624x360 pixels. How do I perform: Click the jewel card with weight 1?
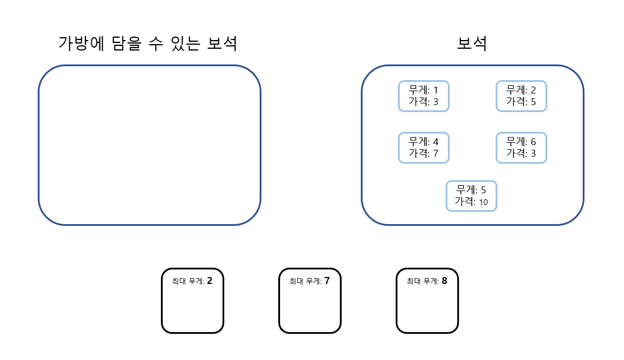pyautogui.click(x=424, y=96)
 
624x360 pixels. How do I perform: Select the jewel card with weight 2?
pyautogui.click(x=521, y=96)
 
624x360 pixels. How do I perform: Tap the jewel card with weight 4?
pyautogui.click(x=424, y=147)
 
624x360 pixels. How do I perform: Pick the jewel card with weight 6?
pyautogui.click(x=521, y=147)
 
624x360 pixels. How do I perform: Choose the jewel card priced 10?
pyautogui.click(x=471, y=196)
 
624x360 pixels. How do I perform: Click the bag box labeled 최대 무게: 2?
pyautogui.click(x=192, y=301)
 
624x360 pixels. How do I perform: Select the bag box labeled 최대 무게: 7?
pyautogui.click(x=310, y=301)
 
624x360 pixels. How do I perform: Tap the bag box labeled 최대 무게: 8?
pyautogui.click(x=427, y=301)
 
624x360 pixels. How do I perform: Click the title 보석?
pyautogui.click(x=472, y=44)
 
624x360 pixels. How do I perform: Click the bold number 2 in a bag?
pyautogui.click(x=209, y=281)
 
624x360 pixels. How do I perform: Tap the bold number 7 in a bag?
pyautogui.click(x=327, y=281)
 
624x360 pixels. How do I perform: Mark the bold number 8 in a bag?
pyautogui.click(x=444, y=281)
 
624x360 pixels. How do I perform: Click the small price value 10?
pyautogui.click(x=483, y=202)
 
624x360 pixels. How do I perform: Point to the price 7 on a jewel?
pyautogui.click(x=435, y=153)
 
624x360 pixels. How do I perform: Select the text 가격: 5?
pyautogui.click(x=521, y=102)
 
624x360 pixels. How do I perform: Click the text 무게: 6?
pyautogui.click(x=521, y=142)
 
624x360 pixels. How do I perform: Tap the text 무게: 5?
pyautogui.click(x=471, y=190)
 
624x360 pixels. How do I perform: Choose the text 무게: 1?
pyautogui.click(x=424, y=90)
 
